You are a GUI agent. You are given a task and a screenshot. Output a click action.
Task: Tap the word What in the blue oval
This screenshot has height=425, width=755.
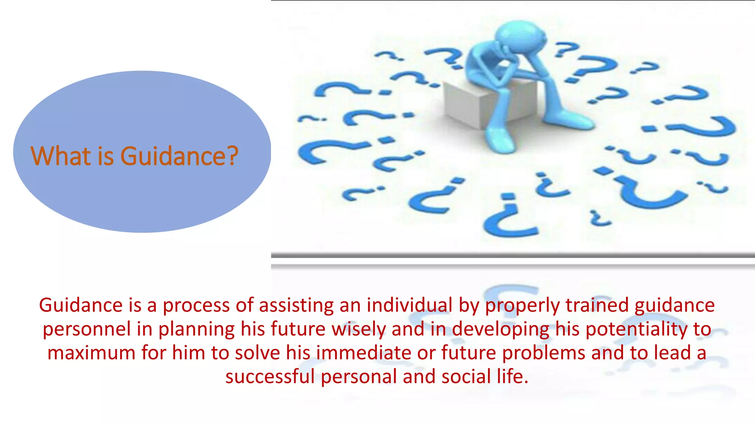(x=60, y=156)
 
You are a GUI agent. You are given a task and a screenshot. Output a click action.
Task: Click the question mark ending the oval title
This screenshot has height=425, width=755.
(x=231, y=156)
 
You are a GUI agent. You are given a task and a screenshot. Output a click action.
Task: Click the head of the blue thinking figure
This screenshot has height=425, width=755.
(x=520, y=35)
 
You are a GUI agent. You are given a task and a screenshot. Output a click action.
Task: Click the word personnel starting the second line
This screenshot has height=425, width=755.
(x=87, y=329)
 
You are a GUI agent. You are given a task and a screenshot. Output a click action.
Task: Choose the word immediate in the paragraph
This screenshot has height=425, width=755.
(x=363, y=353)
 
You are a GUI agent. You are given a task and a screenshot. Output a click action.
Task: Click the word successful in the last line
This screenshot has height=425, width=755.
(x=270, y=377)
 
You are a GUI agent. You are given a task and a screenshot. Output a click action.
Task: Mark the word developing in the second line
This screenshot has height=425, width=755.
(x=500, y=329)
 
